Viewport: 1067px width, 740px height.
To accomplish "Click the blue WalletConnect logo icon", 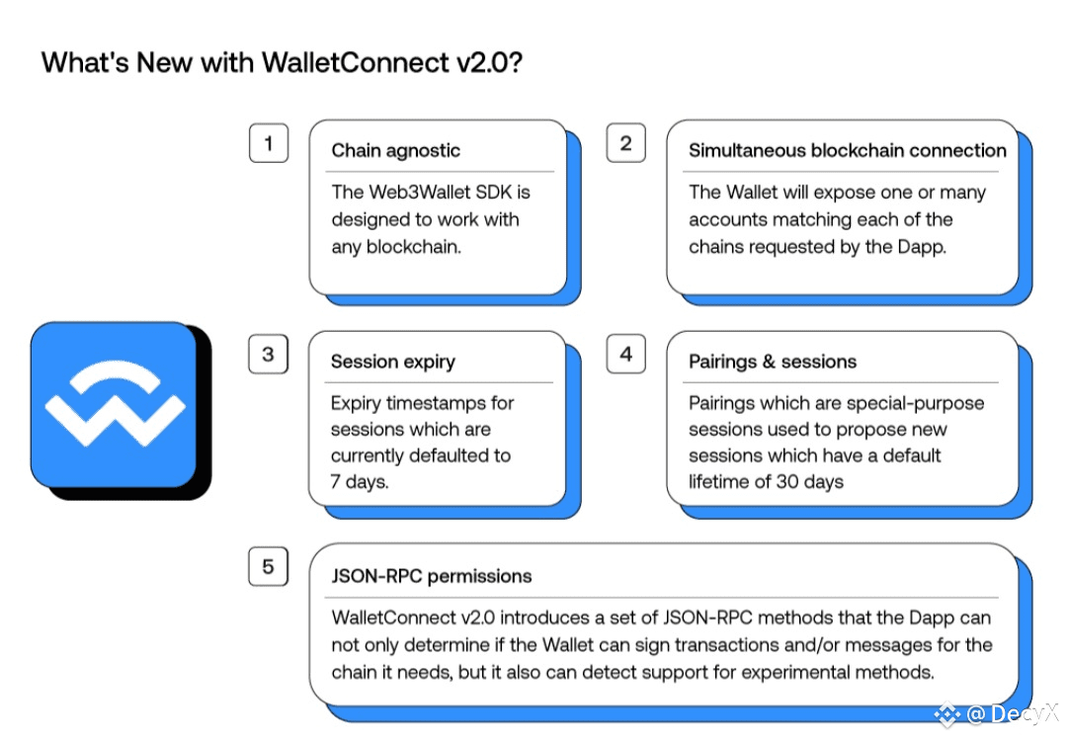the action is (x=114, y=405).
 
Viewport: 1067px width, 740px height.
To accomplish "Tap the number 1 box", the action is (x=269, y=143).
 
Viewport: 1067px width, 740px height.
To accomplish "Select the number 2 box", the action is (x=626, y=143).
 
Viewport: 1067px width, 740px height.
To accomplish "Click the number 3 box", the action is (x=268, y=354).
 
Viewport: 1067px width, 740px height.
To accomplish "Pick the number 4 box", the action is (x=626, y=354).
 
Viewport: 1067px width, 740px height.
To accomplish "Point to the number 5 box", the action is (x=268, y=566).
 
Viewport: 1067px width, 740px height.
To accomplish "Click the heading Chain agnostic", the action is (x=395, y=150).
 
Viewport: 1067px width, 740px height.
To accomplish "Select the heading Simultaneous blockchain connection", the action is (x=848, y=150).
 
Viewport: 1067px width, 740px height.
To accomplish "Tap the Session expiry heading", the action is (x=392, y=362).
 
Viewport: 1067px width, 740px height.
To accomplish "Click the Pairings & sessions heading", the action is (x=773, y=362).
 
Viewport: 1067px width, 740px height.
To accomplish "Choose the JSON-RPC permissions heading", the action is (x=432, y=576).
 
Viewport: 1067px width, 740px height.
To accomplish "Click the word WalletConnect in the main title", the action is (x=356, y=62).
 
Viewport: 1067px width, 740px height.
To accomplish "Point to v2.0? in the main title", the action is (x=489, y=62).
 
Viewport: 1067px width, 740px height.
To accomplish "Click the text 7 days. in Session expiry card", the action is (x=360, y=482).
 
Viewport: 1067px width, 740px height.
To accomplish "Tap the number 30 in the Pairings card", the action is (x=787, y=482).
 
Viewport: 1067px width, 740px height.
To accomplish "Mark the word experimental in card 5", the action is (x=795, y=673).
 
